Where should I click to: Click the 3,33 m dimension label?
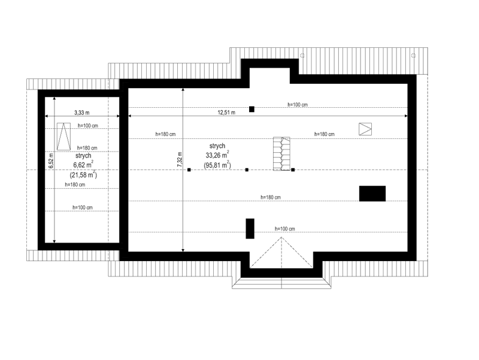pyautogui.click(x=82, y=113)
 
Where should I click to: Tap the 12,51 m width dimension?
pyautogui.click(x=226, y=113)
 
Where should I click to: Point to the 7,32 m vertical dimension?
pyautogui.click(x=180, y=159)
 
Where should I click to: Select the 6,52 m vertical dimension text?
pyautogui.click(x=51, y=161)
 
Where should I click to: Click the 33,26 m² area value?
pyautogui.click(x=217, y=155)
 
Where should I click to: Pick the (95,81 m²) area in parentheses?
pyautogui.click(x=217, y=165)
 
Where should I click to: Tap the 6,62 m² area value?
pyautogui.click(x=83, y=164)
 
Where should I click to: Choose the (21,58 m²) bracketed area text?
pyautogui.click(x=83, y=174)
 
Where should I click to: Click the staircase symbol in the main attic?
pyautogui.click(x=281, y=153)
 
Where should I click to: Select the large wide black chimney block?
pyautogui.click(x=372, y=193)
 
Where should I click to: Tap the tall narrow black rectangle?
pyautogui.click(x=250, y=229)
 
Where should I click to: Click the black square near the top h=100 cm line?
pyautogui.click(x=251, y=109)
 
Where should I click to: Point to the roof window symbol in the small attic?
pyautogui.click(x=63, y=137)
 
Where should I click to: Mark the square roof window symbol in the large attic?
pyautogui.click(x=365, y=129)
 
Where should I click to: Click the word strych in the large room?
pyautogui.click(x=217, y=146)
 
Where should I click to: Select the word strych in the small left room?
pyautogui.click(x=83, y=156)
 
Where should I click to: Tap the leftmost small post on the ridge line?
pyautogui.click(x=189, y=170)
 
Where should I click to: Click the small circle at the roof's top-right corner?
pyautogui.click(x=413, y=55)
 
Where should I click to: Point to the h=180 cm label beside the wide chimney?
pyautogui.click(x=271, y=198)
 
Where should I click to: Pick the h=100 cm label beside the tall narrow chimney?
pyautogui.click(x=285, y=229)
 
